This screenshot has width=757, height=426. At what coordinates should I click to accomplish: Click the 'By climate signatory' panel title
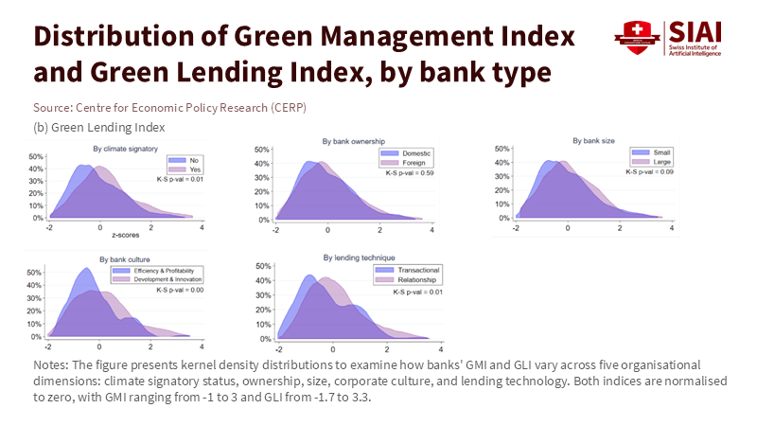(124, 149)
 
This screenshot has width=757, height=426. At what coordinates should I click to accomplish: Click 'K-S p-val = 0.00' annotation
(174, 291)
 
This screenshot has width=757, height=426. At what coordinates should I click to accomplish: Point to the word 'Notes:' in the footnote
(50, 364)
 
